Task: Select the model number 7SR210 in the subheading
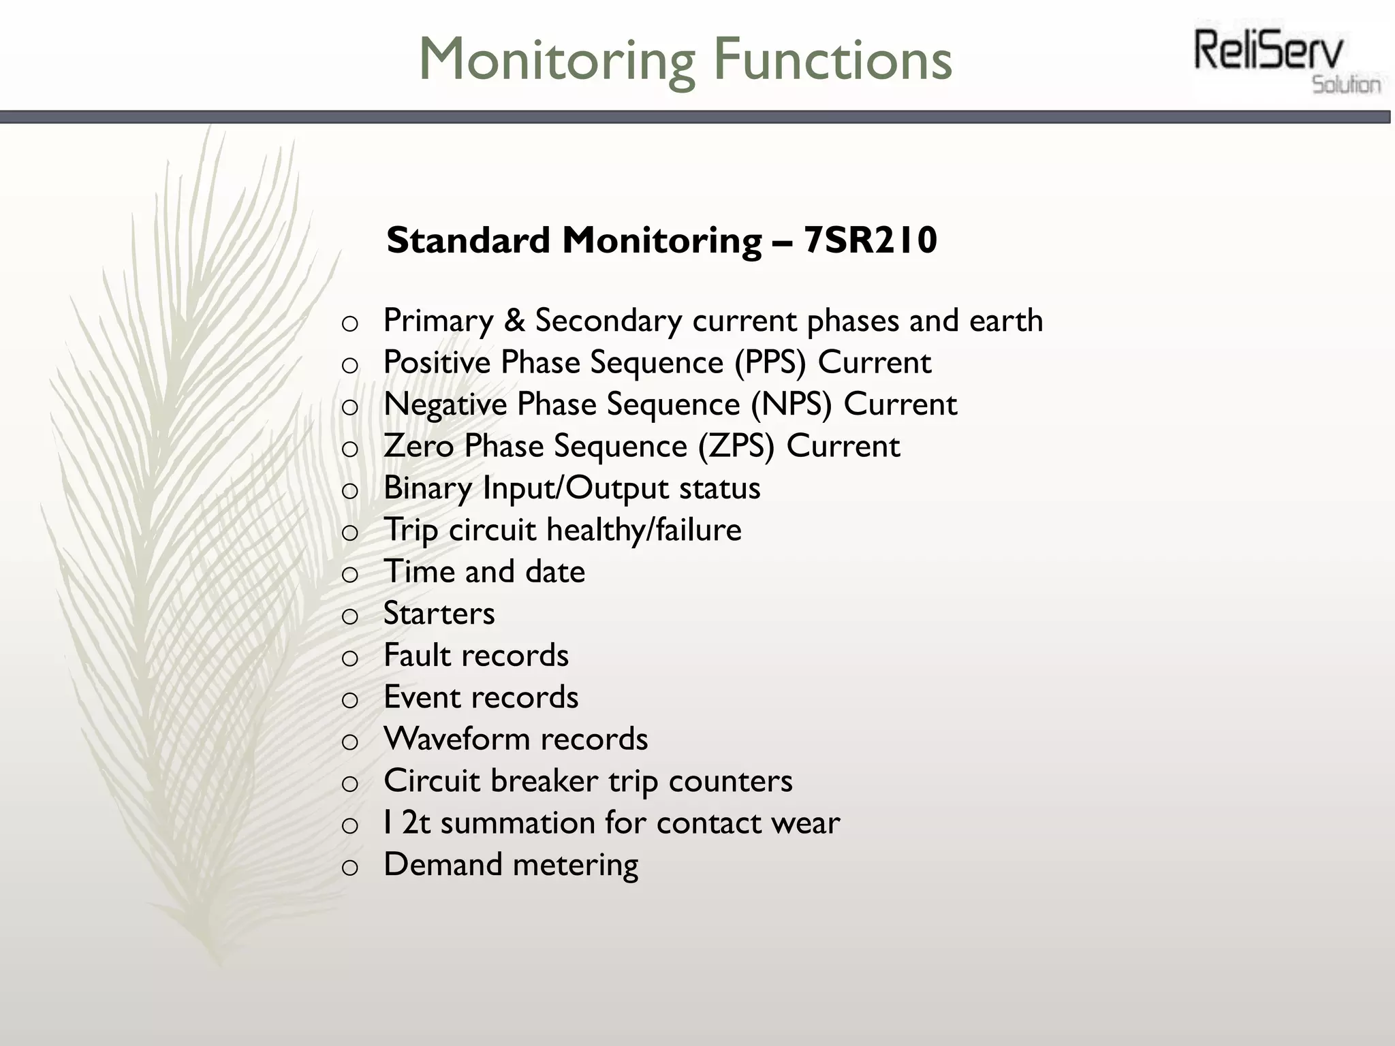pyautogui.click(x=870, y=240)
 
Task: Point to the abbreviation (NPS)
pyautogui.click(x=791, y=404)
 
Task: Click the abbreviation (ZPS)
pyautogui.click(x=736, y=446)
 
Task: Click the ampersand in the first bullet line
pyautogui.click(x=514, y=320)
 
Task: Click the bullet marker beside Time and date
pyautogui.click(x=349, y=574)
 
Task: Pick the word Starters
pyautogui.click(x=439, y=613)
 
